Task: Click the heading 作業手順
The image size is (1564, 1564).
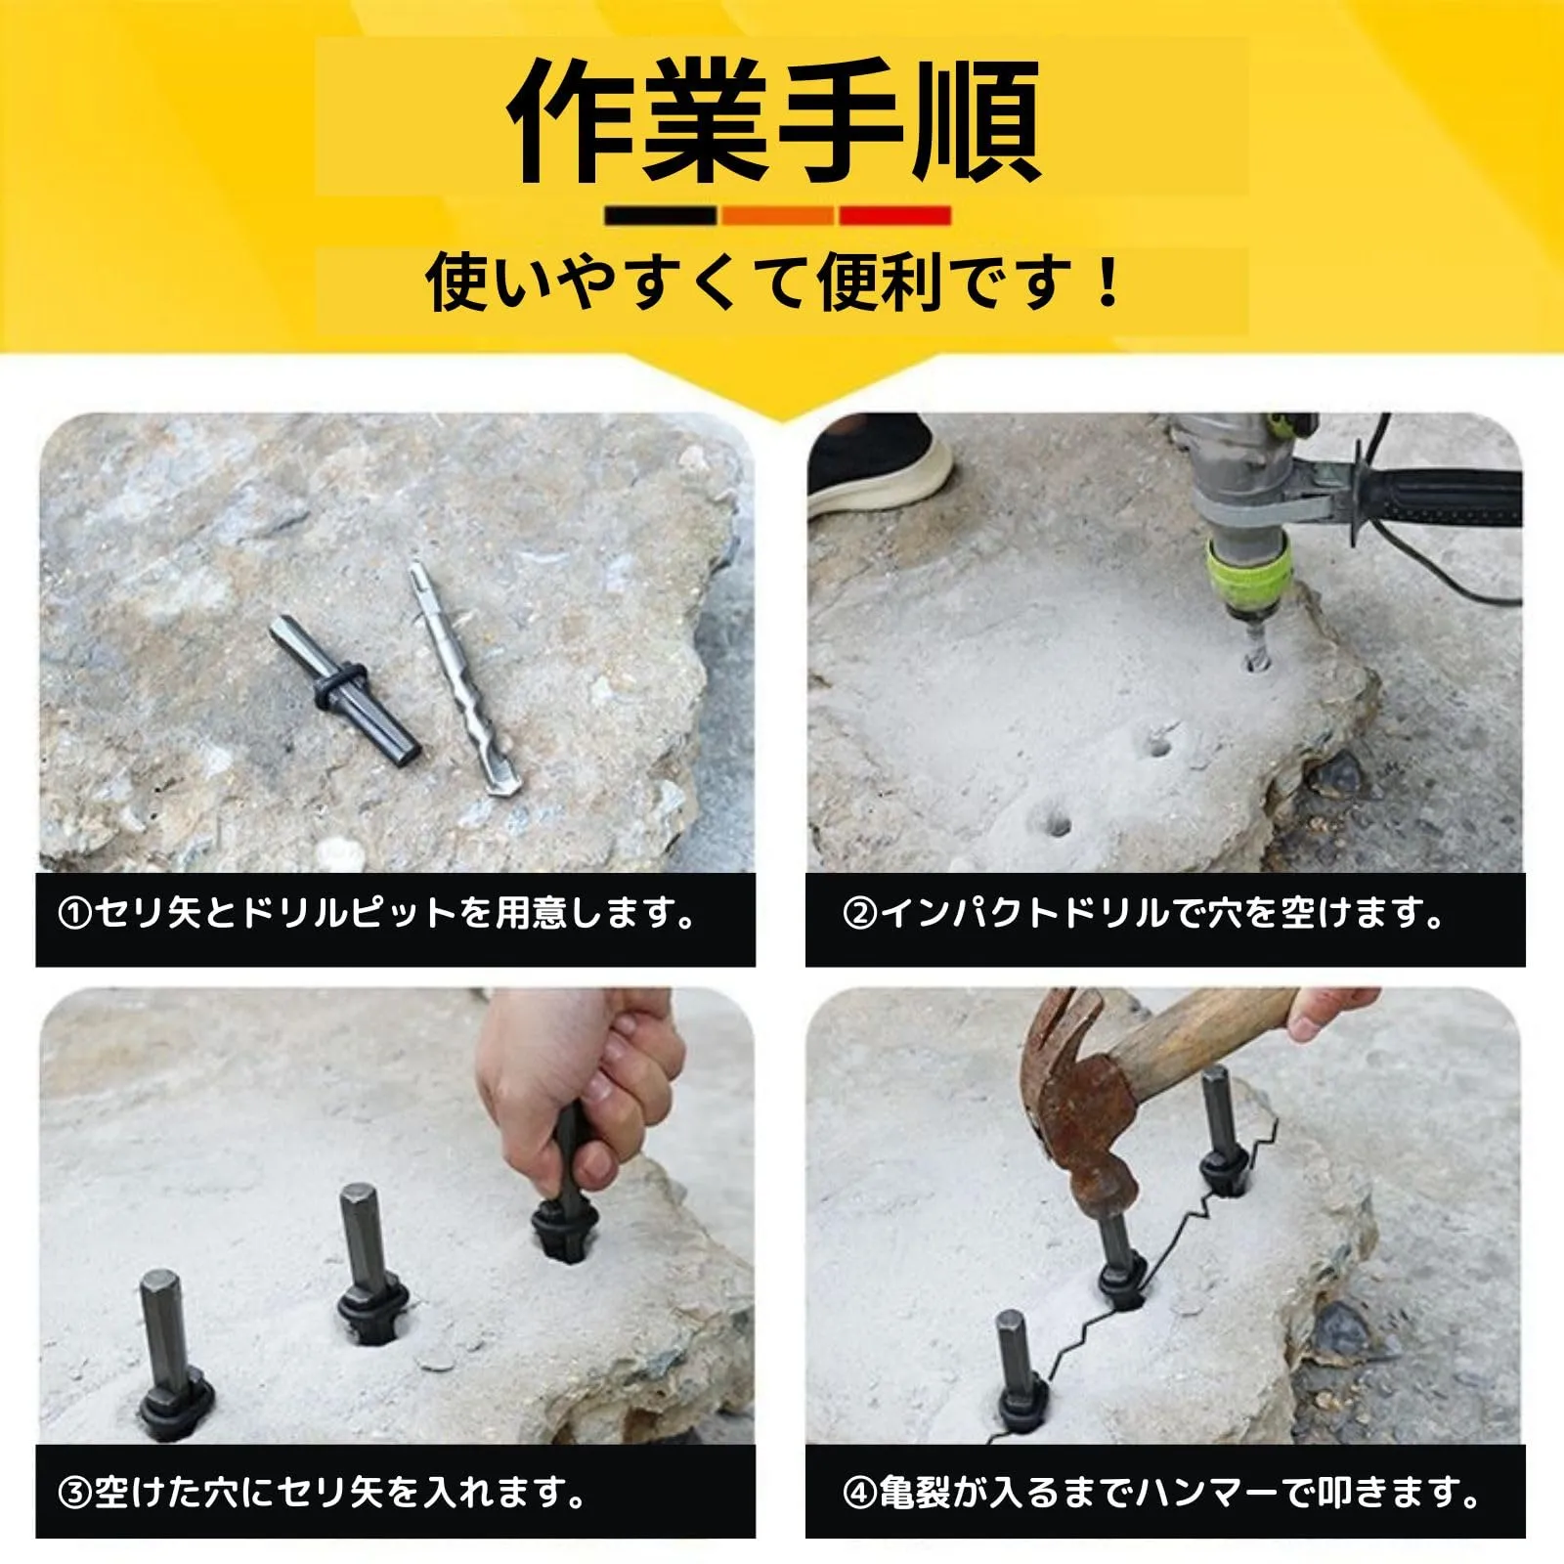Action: pyautogui.click(x=773, y=120)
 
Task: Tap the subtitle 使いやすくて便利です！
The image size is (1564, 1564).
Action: pyautogui.click(x=776, y=282)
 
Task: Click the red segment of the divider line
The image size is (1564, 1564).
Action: pyautogui.click(x=894, y=215)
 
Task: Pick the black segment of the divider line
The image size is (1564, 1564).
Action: pyautogui.click(x=660, y=215)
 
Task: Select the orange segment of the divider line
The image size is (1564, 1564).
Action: pyautogui.click(x=777, y=215)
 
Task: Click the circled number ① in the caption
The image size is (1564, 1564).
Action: pyautogui.click(x=75, y=914)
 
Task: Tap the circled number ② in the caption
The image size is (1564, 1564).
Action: pyautogui.click(x=859, y=914)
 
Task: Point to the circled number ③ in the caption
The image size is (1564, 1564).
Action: pyautogui.click(x=75, y=1493)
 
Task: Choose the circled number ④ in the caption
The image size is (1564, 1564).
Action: pyautogui.click(x=859, y=1493)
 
